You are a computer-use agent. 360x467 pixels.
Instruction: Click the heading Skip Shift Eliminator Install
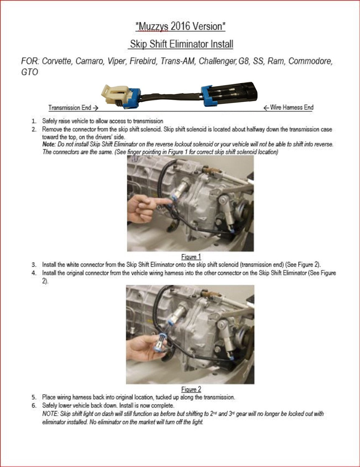[x=181, y=44]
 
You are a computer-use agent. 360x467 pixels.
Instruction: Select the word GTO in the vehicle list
[x=30, y=72]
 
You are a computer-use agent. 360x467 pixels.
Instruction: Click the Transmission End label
[x=73, y=108]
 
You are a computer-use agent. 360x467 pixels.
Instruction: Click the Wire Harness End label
[x=288, y=107]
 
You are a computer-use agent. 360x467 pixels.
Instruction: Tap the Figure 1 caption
[x=191, y=257]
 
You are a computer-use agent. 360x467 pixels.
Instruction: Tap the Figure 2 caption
[x=191, y=389]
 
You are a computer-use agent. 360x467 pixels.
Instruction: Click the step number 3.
[x=34, y=265]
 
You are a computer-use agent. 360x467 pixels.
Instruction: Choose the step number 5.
[x=34, y=398]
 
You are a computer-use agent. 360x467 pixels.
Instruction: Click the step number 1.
[x=34, y=121]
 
